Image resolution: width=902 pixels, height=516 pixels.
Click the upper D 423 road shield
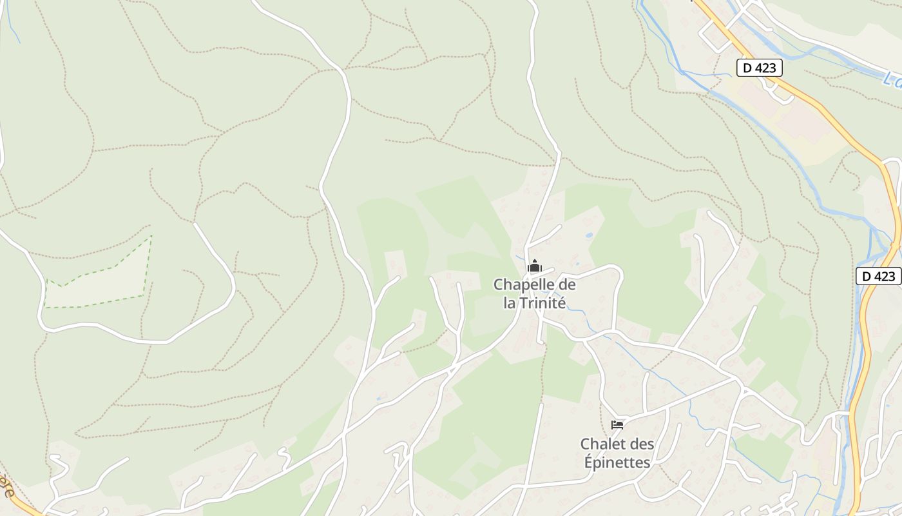point(760,68)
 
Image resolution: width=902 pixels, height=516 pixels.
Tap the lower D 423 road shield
point(879,276)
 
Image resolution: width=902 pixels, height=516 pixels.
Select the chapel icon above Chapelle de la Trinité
point(534,266)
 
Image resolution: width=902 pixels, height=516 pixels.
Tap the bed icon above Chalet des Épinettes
point(617,424)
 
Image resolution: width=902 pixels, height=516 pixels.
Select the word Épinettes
point(617,462)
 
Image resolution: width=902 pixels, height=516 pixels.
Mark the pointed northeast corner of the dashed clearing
point(151,237)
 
